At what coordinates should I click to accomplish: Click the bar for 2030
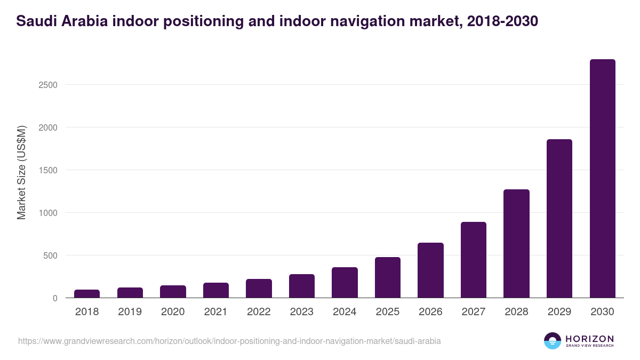click(x=602, y=179)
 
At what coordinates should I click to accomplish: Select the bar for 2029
click(x=559, y=219)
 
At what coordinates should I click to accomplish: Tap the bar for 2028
click(x=516, y=244)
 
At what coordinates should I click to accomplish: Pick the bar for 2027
click(x=474, y=260)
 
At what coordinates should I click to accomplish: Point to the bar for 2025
click(x=388, y=277)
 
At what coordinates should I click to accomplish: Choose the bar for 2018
click(x=87, y=294)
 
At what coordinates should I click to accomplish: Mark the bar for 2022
click(x=259, y=289)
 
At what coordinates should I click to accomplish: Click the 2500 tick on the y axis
click(x=47, y=85)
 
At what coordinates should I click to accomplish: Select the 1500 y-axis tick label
click(x=47, y=170)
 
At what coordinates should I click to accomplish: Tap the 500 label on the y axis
click(x=50, y=255)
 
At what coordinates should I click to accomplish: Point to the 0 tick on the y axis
click(x=54, y=298)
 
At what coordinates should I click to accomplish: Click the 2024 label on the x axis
click(x=345, y=312)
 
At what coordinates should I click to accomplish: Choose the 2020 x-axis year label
click(x=173, y=312)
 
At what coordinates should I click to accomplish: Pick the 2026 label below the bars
click(x=430, y=312)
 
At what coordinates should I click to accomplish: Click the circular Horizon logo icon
click(x=553, y=341)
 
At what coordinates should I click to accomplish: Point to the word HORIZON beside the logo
click(x=589, y=339)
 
